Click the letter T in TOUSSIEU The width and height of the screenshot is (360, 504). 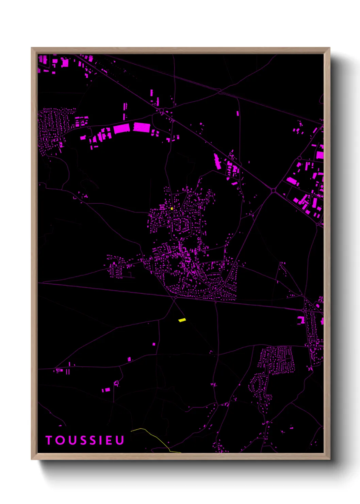coord(49,440)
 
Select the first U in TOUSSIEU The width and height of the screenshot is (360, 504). coord(71,440)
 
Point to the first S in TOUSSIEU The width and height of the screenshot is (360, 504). coord(83,440)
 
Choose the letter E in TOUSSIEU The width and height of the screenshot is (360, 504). coord(109,440)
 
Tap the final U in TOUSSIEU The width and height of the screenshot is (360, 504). coord(119,440)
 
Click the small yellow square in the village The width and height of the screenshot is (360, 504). coord(172,208)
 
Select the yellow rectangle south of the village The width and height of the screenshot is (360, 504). coord(182,320)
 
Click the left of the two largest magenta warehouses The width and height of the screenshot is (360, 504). coord(121,129)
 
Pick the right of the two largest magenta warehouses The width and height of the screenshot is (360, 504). coord(142,127)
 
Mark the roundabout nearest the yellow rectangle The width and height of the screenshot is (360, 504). coord(176,298)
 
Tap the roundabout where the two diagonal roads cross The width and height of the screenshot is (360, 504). coord(273,190)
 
